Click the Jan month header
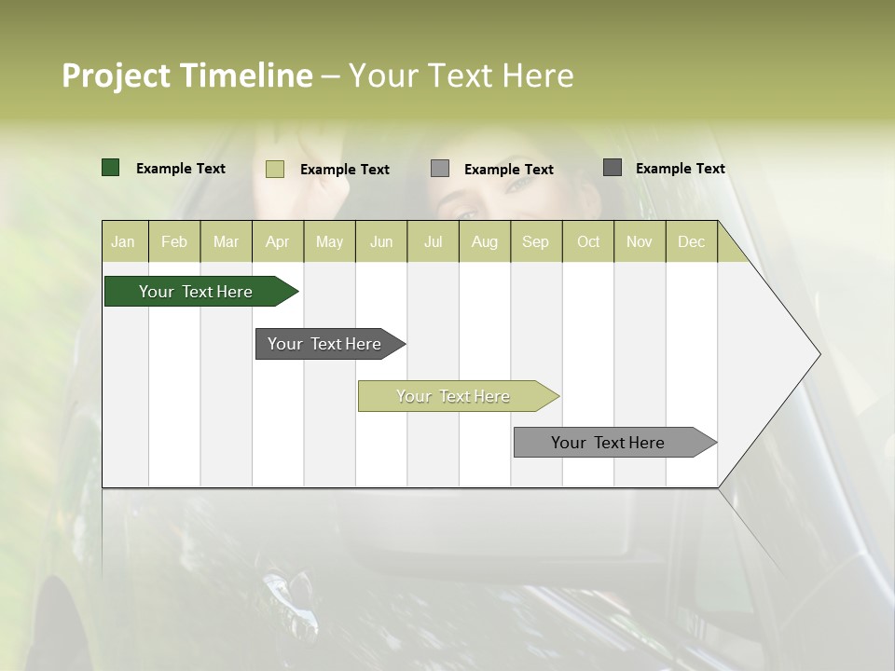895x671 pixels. [x=123, y=241]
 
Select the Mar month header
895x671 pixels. [x=226, y=241]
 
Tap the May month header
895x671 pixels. [x=329, y=241]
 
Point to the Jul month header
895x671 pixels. [x=433, y=241]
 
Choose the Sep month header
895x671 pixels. [x=535, y=241]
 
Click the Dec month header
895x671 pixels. [x=691, y=241]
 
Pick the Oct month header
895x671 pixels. [x=588, y=241]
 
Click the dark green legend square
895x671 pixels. [x=111, y=168]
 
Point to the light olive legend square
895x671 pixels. [x=275, y=169]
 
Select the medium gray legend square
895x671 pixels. [x=440, y=168]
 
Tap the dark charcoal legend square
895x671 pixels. [x=613, y=168]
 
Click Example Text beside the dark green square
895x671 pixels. [x=181, y=169]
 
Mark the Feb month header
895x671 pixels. [x=174, y=241]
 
